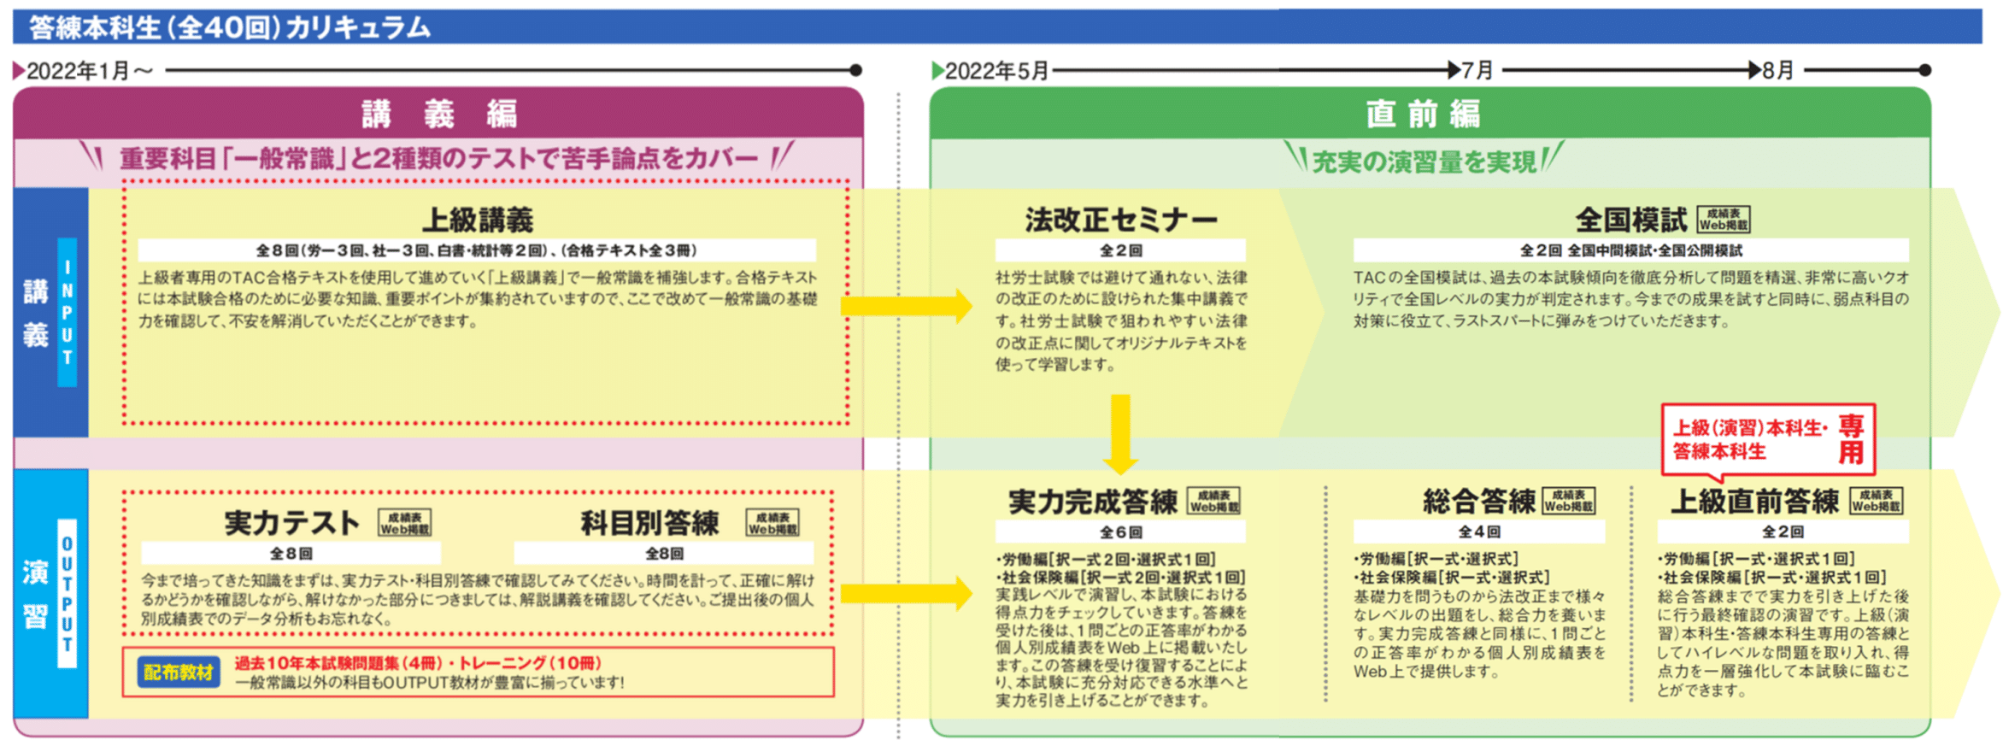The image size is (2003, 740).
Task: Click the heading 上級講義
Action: [477, 220]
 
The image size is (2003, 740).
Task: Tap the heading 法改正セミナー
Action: [1120, 220]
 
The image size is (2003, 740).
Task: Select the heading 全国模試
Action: [1630, 220]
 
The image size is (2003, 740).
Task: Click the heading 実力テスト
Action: [291, 523]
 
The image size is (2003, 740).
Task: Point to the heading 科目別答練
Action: [649, 523]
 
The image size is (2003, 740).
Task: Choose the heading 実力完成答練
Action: [1092, 502]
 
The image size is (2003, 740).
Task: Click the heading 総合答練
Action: [1478, 502]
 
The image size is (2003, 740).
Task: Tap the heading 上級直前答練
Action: [1754, 502]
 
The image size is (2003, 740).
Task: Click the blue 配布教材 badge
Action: [178, 672]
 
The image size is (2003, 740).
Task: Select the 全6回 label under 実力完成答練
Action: [1120, 532]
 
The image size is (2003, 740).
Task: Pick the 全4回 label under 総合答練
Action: [1478, 532]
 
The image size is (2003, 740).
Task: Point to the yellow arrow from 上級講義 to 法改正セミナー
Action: [906, 306]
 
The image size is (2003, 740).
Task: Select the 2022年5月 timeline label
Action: [996, 70]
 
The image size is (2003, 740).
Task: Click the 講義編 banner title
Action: [438, 114]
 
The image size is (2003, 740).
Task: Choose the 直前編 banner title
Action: [1423, 114]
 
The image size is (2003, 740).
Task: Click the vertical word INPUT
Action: [67, 313]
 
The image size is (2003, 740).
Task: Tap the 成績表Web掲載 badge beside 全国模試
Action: [1723, 220]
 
